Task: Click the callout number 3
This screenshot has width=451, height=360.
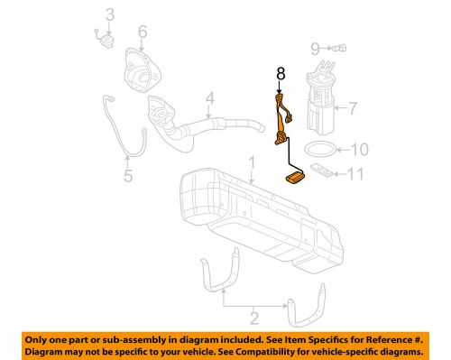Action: coord(109,14)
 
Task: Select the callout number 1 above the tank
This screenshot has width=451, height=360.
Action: coord(253,163)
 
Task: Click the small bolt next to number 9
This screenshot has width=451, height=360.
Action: coord(338,47)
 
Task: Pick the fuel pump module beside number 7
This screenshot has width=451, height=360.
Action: coord(320,99)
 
